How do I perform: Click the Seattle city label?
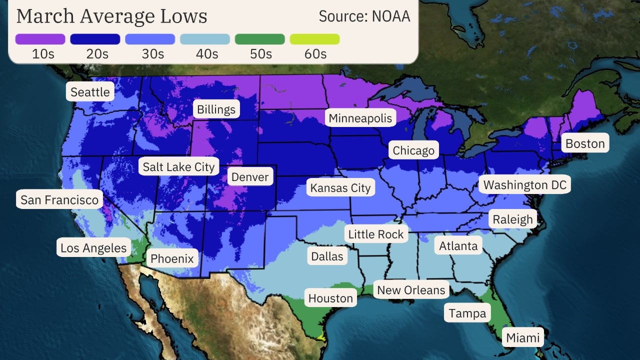[x=90, y=92]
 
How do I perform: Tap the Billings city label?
[x=216, y=109]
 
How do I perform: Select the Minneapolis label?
[x=360, y=118]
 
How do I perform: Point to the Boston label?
[x=585, y=144]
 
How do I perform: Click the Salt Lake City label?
[x=178, y=167]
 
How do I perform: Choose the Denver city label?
[x=250, y=176]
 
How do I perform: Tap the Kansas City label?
[x=340, y=188]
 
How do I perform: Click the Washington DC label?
[x=525, y=185]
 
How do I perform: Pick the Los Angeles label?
[x=93, y=247]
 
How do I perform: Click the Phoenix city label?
[x=172, y=258]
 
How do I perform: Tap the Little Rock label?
[x=375, y=234]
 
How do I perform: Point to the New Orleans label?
[x=411, y=290]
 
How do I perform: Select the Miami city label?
[x=523, y=337]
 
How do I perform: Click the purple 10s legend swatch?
[x=40, y=39]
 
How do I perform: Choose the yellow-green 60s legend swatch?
[x=314, y=39]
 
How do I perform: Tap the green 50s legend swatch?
[x=259, y=39]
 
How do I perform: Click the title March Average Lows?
[x=111, y=16]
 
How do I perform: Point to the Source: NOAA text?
[x=364, y=16]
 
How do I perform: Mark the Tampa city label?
[x=467, y=313]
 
